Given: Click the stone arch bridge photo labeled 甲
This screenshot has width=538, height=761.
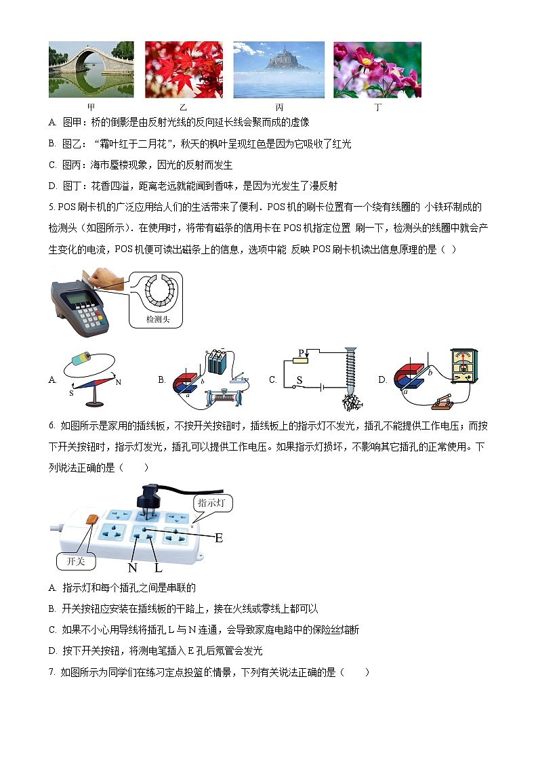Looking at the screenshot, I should [x=91, y=70].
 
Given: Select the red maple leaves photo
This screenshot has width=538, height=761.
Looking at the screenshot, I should [x=184, y=70].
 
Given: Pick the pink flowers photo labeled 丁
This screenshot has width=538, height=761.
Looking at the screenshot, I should [x=377, y=70].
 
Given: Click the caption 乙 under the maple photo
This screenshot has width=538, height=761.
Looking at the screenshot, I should [x=184, y=108].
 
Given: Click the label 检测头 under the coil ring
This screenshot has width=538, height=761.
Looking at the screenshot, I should [x=157, y=318].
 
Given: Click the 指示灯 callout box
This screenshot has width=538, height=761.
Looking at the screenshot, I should [x=214, y=503].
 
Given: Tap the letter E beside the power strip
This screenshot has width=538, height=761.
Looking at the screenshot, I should [x=219, y=538].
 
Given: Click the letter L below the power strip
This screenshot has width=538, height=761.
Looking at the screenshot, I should [x=158, y=568].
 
